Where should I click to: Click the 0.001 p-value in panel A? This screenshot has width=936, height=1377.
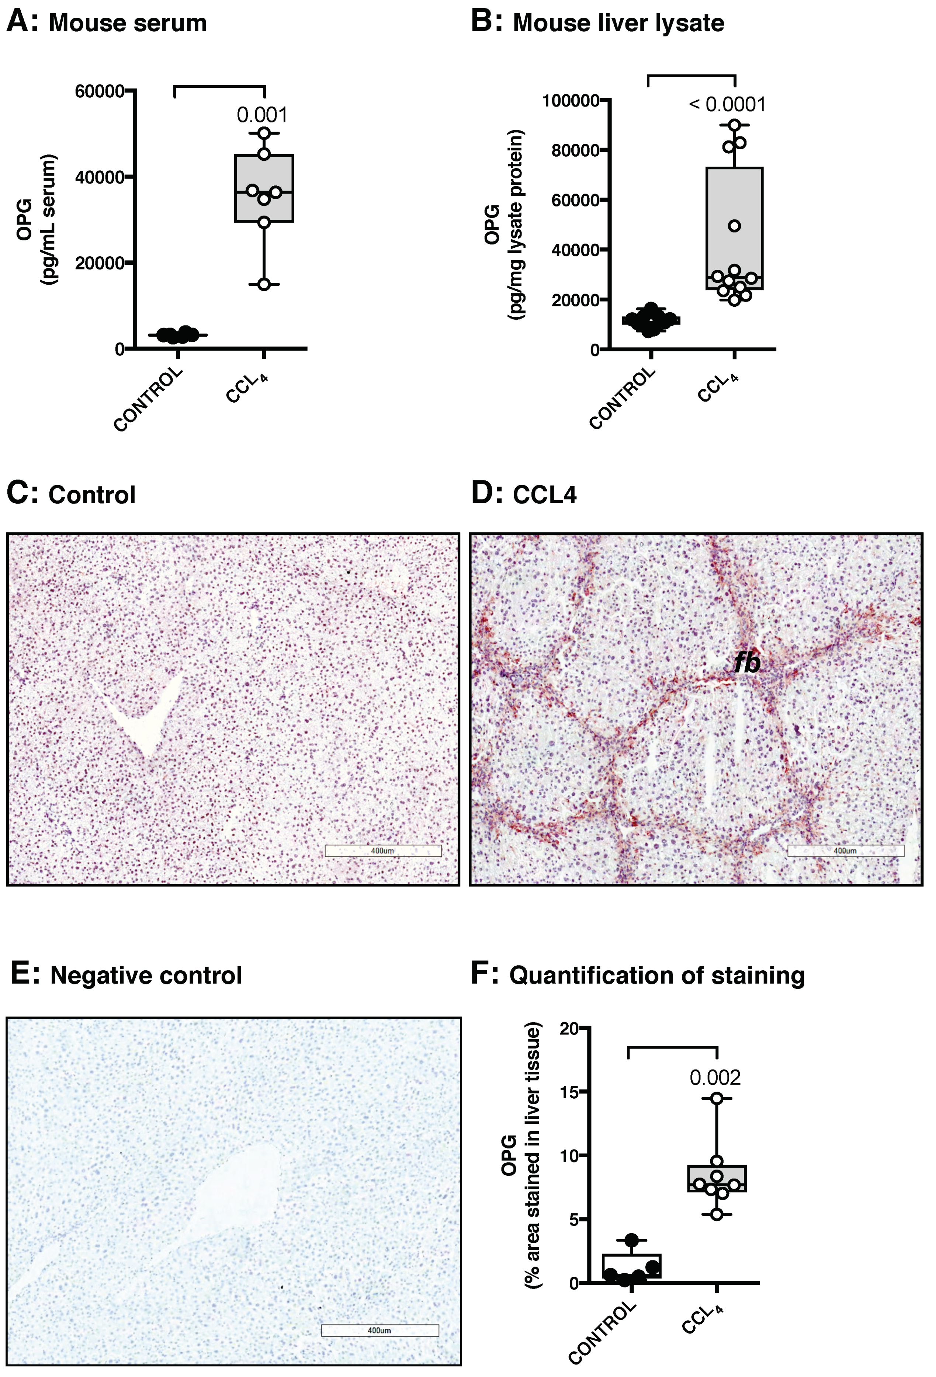[262, 115]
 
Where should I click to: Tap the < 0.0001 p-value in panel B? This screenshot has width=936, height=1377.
[727, 104]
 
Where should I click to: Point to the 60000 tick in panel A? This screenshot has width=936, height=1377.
[99, 91]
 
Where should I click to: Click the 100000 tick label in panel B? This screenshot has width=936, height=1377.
[570, 100]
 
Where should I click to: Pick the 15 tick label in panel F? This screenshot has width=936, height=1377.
[570, 1091]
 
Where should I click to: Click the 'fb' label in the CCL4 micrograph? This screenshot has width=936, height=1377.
[747, 663]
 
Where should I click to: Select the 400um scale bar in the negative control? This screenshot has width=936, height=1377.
[379, 1330]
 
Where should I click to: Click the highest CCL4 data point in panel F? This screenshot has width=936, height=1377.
[717, 1098]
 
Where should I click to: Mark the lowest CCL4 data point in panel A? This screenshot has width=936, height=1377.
[264, 284]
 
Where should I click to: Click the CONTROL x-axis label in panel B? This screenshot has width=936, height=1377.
[623, 398]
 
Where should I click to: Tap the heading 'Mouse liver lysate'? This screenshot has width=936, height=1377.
[618, 23]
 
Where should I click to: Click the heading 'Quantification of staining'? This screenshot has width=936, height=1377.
[657, 975]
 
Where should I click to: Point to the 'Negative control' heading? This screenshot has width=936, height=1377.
[146, 975]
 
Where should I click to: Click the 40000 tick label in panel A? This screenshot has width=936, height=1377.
[99, 177]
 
